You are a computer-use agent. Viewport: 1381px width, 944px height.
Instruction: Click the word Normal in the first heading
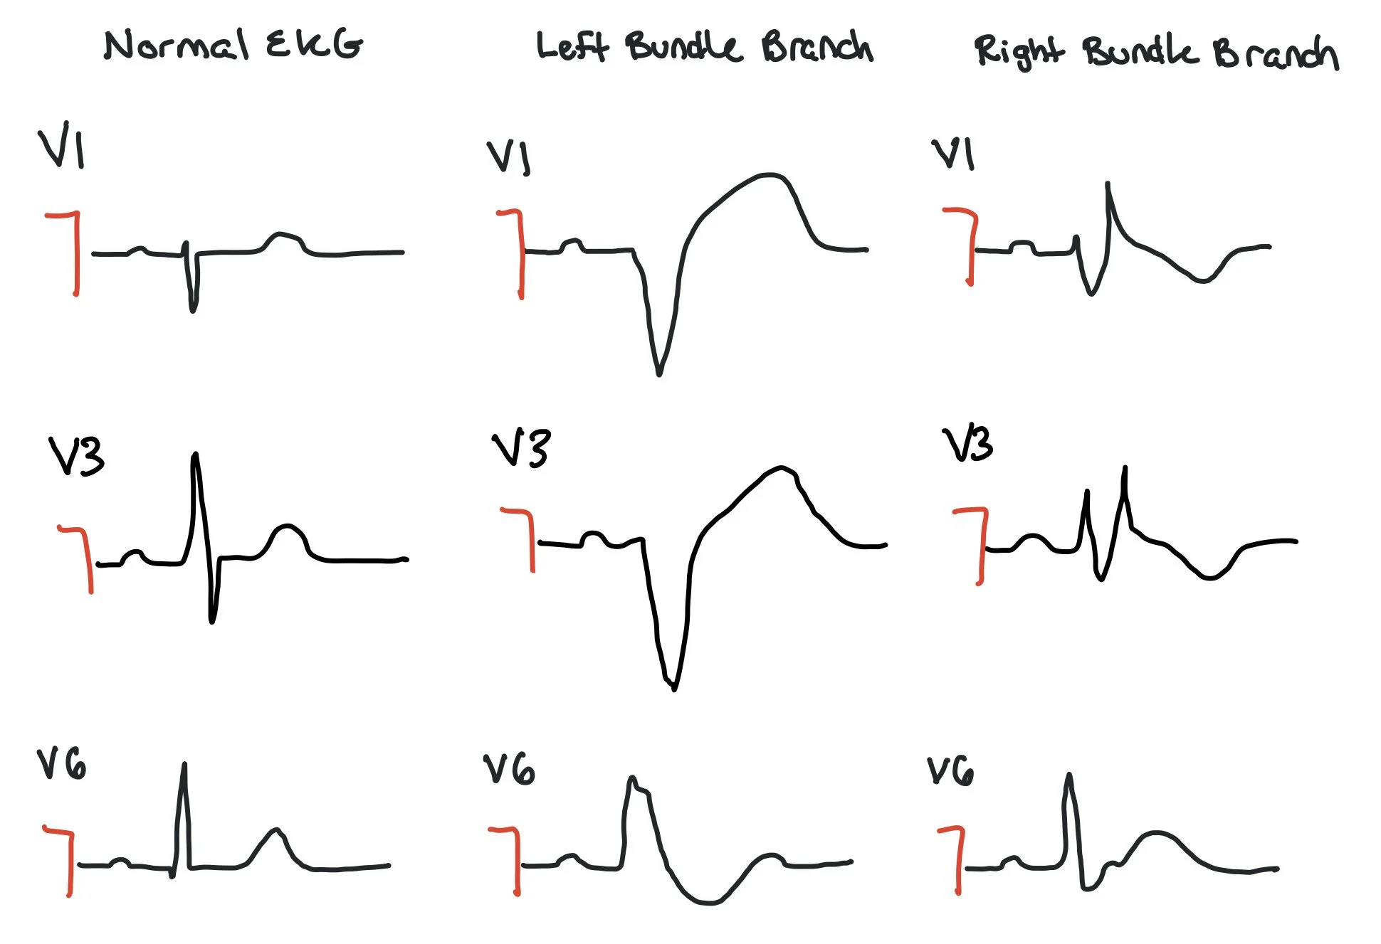[x=177, y=46]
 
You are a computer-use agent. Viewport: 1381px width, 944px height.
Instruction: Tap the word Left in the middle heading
[x=572, y=47]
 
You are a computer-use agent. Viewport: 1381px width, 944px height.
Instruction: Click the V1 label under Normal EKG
[x=61, y=148]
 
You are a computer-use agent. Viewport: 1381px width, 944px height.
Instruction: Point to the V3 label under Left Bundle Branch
[x=521, y=448]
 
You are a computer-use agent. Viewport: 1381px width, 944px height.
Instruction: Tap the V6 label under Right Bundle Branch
[x=950, y=771]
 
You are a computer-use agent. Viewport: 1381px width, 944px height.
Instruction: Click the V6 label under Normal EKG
[x=61, y=765]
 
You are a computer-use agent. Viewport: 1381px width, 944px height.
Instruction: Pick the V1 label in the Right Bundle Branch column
[x=952, y=154]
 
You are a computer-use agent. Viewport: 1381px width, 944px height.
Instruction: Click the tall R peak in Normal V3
[x=195, y=455]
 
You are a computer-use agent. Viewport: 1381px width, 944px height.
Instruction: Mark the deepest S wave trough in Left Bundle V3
[x=673, y=687]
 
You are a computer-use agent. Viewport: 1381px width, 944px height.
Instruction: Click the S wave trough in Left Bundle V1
[x=659, y=371]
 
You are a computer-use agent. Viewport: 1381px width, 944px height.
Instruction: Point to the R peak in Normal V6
[x=184, y=765]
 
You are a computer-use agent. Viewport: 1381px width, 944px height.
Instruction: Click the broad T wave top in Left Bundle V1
[x=767, y=175]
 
